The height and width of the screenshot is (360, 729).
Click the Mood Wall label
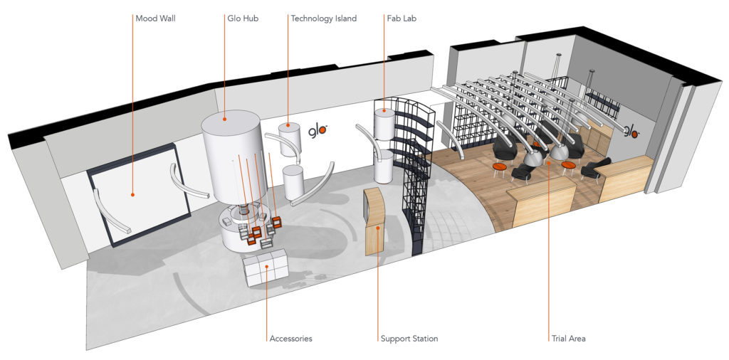[155, 19]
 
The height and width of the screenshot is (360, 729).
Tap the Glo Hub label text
[243, 19]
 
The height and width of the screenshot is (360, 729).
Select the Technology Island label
[324, 19]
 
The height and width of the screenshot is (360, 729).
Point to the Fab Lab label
[402, 19]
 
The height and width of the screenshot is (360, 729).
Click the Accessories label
[290, 339]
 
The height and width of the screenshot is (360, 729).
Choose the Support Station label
[409, 339]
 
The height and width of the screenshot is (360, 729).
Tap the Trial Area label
[569, 339]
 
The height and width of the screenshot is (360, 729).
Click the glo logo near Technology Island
[318, 131]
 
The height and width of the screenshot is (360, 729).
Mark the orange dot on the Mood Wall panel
[132, 195]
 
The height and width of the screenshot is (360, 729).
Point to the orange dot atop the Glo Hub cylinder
[224, 119]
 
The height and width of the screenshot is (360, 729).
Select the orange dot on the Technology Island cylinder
[288, 125]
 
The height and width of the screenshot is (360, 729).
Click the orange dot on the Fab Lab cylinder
[384, 111]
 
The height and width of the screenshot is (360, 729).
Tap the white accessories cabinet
[266, 268]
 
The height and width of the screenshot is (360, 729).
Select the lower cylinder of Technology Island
[293, 182]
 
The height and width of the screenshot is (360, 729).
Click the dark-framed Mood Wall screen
[138, 195]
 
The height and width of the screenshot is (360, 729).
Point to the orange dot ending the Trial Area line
[549, 163]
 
